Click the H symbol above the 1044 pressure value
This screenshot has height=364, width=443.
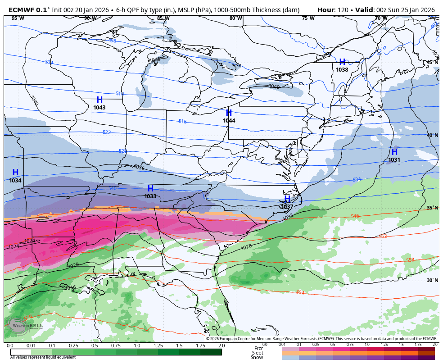click(229, 113)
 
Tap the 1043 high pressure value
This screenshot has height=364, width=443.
click(99, 108)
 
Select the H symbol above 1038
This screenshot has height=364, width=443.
click(342, 62)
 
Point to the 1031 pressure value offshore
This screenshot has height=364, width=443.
click(394, 160)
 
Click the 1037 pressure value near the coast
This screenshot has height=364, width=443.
click(287, 207)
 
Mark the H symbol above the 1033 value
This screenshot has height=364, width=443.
click(150, 188)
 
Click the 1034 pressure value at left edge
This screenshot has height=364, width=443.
click(15, 181)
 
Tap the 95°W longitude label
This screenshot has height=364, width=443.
click(18, 18)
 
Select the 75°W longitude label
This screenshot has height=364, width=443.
click(308, 18)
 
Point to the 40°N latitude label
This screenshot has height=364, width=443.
click(432, 135)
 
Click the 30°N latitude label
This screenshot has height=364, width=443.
click(432, 280)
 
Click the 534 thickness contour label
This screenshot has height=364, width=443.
click(357, 180)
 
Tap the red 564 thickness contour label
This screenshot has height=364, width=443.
click(300, 292)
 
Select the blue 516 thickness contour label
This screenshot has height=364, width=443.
click(182, 122)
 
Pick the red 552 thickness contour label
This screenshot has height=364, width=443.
click(383, 236)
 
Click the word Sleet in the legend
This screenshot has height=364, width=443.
click(257, 353)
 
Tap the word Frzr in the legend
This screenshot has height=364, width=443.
click(258, 348)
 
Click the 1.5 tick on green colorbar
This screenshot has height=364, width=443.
click(179, 346)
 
